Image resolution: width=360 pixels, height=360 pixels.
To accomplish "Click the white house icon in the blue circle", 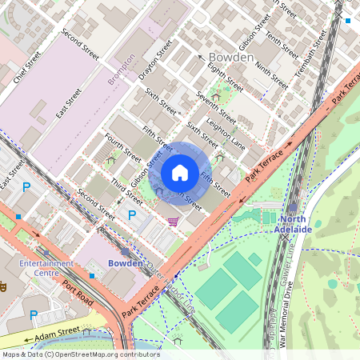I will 180,172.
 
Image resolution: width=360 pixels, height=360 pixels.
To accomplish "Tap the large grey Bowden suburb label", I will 230,58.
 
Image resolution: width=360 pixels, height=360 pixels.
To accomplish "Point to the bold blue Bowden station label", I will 125,262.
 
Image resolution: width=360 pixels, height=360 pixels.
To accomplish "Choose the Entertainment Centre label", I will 40,268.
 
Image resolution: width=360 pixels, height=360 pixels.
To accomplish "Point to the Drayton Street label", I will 155,59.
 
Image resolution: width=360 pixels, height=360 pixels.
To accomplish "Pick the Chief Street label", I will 22,69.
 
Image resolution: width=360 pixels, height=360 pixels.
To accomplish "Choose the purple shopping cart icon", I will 173,222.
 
